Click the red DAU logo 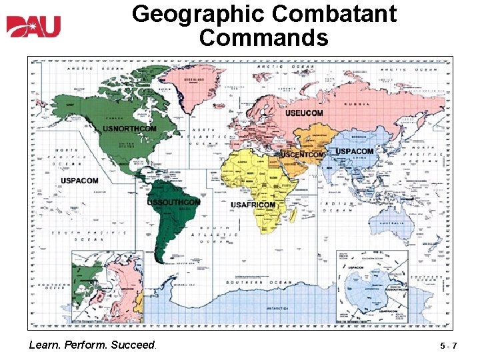click(33, 27)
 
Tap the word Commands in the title click(263, 37)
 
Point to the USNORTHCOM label click(129, 129)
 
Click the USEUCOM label click(304, 113)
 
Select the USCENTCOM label click(303, 155)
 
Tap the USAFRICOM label click(253, 205)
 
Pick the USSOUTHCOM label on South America click(173, 201)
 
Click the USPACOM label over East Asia click(354, 151)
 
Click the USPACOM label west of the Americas click(79, 181)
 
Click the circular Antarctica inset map click(373, 286)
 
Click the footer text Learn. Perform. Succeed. click(93, 345)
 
